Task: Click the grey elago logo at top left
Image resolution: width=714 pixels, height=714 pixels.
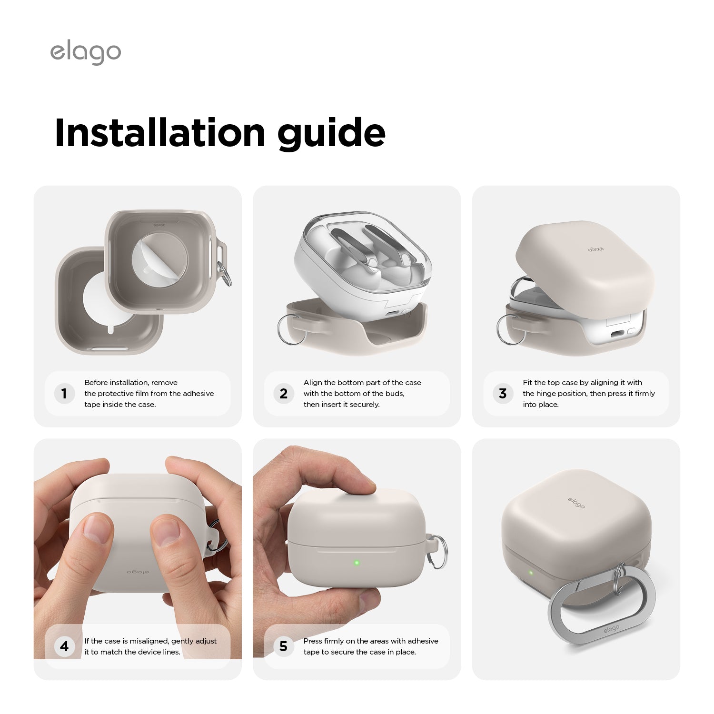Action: [86, 53]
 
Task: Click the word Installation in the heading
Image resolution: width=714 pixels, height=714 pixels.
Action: [160, 132]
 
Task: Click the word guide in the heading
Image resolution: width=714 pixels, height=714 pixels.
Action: [331, 134]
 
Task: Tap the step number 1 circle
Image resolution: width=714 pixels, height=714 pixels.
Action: [64, 394]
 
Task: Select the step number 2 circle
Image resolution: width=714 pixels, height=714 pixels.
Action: [284, 394]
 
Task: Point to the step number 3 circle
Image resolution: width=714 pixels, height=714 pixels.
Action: [503, 394]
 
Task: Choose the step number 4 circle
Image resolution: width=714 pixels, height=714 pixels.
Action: [64, 646]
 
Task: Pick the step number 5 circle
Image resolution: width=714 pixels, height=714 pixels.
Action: [284, 646]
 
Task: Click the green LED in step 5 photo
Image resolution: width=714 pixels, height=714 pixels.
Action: [357, 563]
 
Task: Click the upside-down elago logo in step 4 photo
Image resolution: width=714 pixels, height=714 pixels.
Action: [138, 572]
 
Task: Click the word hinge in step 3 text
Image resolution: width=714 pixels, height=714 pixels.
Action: [546, 394]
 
